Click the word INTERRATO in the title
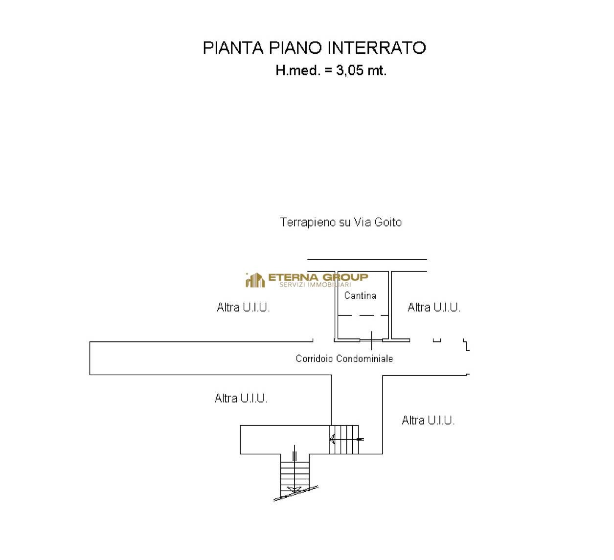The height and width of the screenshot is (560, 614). click(x=376, y=48)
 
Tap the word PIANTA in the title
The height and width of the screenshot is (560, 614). click(x=233, y=48)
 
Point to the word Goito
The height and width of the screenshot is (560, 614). click(x=388, y=222)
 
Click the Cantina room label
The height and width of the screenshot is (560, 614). click(x=360, y=295)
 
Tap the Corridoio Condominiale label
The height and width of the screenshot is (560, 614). click(x=344, y=358)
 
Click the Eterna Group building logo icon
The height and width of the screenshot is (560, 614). click(x=255, y=280)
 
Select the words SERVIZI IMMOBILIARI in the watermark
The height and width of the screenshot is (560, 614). click(x=315, y=285)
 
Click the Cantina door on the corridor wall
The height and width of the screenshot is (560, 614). click(x=371, y=340)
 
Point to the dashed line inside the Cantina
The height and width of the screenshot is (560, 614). click(x=363, y=315)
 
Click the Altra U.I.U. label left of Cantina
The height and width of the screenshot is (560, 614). click(x=243, y=307)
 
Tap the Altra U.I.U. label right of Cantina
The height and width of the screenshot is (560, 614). click(x=434, y=307)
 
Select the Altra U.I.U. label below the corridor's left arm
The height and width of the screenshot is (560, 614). click(x=241, y=399)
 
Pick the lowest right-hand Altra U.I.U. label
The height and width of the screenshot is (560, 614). click(x=428, y=421)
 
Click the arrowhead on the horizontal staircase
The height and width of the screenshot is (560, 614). click(x=332, y=439)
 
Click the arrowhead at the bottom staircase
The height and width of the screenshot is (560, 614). click(x=294, y=489)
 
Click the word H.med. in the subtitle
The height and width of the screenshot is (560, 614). click(x=298, y=70)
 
